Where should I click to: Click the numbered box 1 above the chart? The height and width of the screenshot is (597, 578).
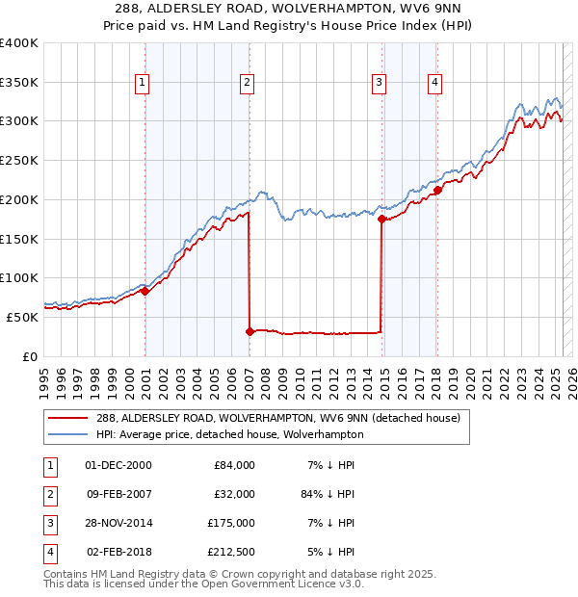pyautogui.click(x=143, y=83)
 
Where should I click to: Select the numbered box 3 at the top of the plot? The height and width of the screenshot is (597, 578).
pyautogui.click(x=380, y=83)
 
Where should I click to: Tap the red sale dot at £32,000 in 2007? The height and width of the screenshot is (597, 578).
pyautogui.click(x=250, y=331)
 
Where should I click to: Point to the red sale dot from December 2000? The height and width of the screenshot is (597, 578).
pyautogui.click(x=144, y=291)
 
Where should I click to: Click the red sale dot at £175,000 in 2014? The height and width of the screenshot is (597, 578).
pyautogui.click(x=381, y=220)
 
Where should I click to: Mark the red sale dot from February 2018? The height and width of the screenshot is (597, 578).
pyautogui.click(x=436, y=191)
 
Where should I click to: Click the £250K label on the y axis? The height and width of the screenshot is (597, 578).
pyautogui.click(x=19, y=160)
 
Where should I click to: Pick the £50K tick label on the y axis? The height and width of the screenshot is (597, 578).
pyautogui.click(x=23, y=316)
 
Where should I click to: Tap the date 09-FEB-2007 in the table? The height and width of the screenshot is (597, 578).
pyautogui.click(x=118, y=493)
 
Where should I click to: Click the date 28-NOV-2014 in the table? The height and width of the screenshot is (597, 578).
pyautogui.click(x=118, y=523)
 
